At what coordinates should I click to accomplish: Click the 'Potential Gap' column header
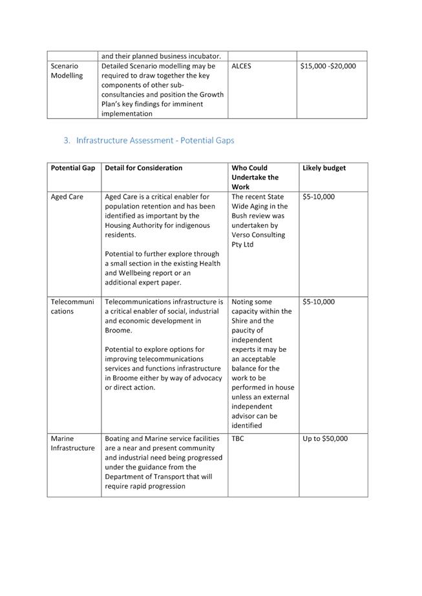(x=72, y=168)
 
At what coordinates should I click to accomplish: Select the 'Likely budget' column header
(x=324, y=168)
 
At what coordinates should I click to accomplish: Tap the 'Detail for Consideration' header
(x=143, y=168)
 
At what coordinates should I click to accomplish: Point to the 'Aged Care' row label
(x=67, y=197)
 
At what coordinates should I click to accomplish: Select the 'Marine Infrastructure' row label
(x=72, y=444)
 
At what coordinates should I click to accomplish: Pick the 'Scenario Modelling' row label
(x=67, y=70)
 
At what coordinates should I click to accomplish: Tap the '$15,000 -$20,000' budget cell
(x=328, y=66)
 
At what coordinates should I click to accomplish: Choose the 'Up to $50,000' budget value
(x=324, y=439)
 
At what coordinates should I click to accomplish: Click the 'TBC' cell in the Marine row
(x=238, y=439)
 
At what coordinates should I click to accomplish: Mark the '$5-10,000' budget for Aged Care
(x=318, y=197)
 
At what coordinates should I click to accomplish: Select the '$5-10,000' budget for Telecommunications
(x=318, y=302)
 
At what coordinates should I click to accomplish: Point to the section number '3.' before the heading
(x=67, y=140)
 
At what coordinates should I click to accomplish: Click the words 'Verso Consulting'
(x=258, y=235)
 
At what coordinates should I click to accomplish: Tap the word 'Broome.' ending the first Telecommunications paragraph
(x=118, y=331)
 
